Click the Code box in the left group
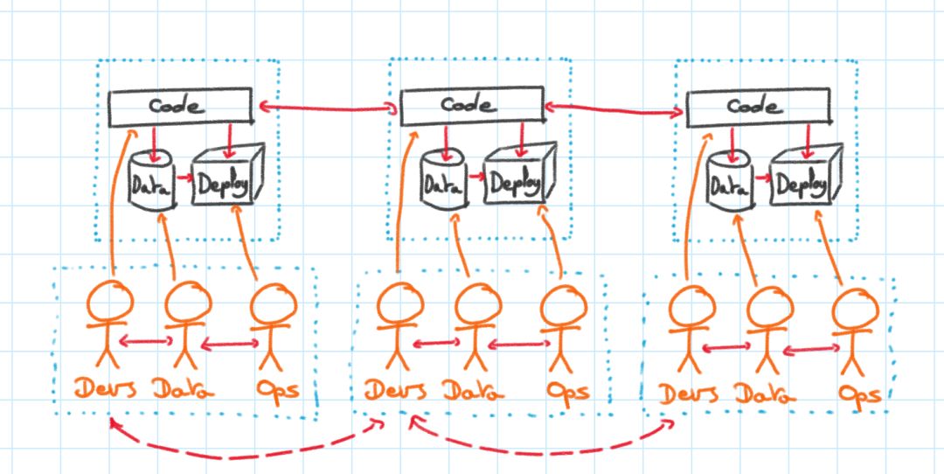coord(179,108)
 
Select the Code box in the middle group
coord(470,106)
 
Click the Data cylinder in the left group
coord(151,181)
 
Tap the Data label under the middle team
coord(473,390)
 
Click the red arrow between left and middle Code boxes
coord(327,108)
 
